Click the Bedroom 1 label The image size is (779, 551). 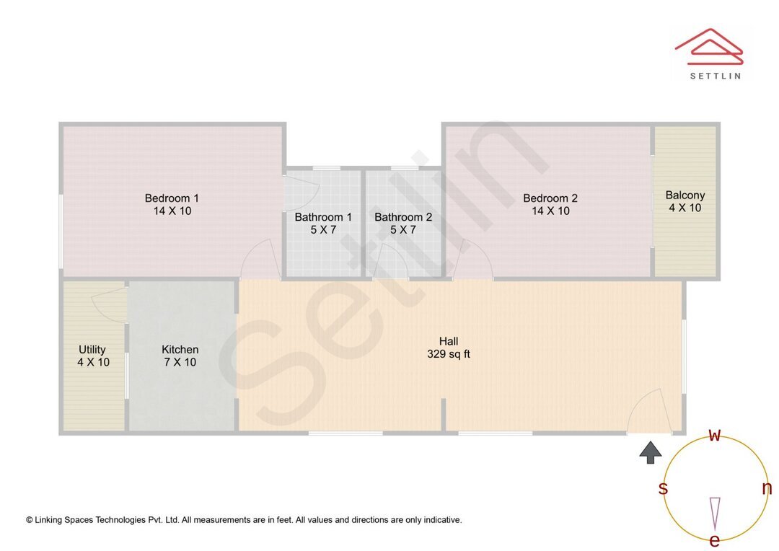tap(172, 198)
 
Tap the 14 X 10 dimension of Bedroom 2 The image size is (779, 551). tap(550, 211)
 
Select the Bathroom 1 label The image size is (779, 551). tap(323, 217)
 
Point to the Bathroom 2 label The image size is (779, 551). tap(403, 217)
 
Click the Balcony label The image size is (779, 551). tap(685, 195)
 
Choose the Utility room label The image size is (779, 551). tap(92, 350)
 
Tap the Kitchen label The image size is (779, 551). tap(180, 350)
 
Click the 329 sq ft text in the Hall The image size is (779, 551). tap(449, 354)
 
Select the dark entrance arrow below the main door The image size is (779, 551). tap(651, 452)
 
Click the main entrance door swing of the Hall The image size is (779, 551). tap(647, 412)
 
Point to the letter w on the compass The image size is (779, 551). tap(715, 435)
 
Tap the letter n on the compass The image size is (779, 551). tap(767, 488)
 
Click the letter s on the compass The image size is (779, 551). tap(663, 489)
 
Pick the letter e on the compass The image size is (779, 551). tap(715, 540)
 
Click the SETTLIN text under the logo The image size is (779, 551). tap(715, 75)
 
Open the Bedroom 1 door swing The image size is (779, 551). tap(259, 260)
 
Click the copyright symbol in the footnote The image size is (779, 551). tap(30, 520)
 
